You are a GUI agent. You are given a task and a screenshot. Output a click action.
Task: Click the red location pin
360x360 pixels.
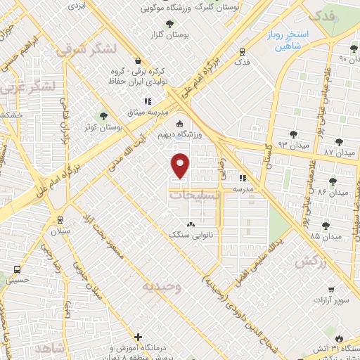[x=181, y=165]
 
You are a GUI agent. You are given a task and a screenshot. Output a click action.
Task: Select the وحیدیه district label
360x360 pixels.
[x=162, y=287]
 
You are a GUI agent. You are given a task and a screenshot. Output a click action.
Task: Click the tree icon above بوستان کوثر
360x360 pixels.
[x=104, y=115]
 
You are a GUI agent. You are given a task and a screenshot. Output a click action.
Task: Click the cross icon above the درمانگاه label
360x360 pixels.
[x=139, y=337]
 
